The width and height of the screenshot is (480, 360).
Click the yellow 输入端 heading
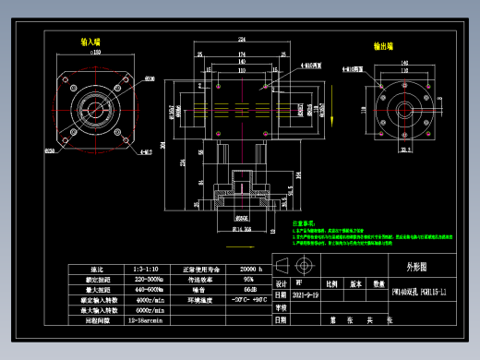90,42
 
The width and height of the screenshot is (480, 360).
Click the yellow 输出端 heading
384,44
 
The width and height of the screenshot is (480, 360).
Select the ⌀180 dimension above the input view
94,53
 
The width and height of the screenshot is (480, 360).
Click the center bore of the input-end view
94,104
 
